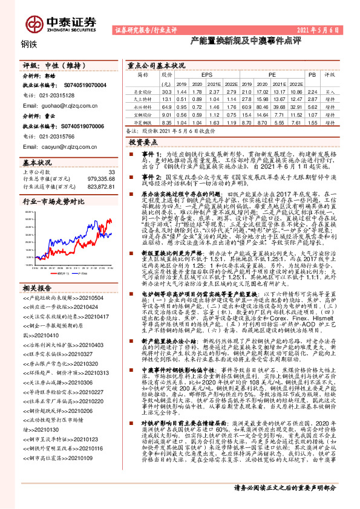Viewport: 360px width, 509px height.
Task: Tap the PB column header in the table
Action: (x=312, y=74)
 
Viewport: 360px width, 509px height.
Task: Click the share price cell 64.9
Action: (x=166, y=106)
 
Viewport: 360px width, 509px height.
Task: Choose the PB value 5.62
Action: (x=312, y=106)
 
